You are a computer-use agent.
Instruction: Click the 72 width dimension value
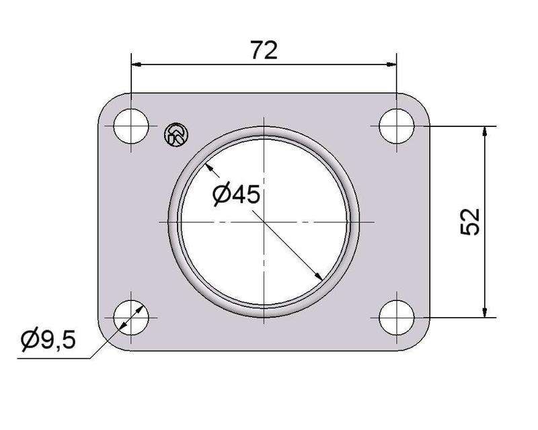[x=264, y=50]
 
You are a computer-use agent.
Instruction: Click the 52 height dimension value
[x=471, y=221]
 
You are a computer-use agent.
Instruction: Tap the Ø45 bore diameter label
[x=235, y=195]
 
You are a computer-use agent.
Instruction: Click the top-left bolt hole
[x=131, y=126]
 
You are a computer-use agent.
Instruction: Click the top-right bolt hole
[x=397, y=126]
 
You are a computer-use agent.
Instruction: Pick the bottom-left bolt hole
[x=131, y=317]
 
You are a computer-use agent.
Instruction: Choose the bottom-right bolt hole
[x=397, y=317]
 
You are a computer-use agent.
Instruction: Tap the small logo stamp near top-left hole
[x=176, y=135]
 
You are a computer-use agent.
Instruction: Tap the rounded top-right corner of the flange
[x=422, y=101]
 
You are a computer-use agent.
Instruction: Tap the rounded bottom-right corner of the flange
[x=422, y=343]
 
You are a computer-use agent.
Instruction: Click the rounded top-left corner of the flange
[x=106, y=101]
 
